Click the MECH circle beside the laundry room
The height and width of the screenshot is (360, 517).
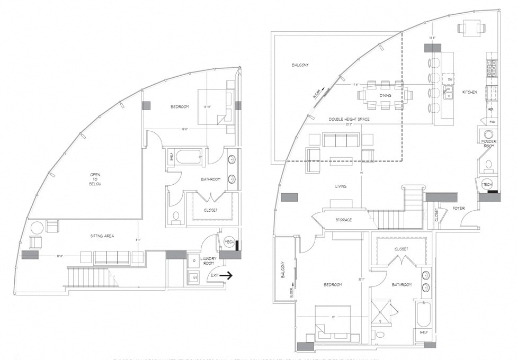coord(229,242)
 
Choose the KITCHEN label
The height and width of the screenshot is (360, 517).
coord(469,92)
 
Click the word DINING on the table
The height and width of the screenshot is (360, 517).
coord(386,95)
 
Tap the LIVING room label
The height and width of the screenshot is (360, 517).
coord(341,186)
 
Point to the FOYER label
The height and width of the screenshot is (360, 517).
coord(459,209)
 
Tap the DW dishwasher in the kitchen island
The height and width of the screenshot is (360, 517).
coord(449,79)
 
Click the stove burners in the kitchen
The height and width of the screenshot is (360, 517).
coord(491,68)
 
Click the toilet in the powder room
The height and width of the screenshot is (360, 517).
coord(488,164)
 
